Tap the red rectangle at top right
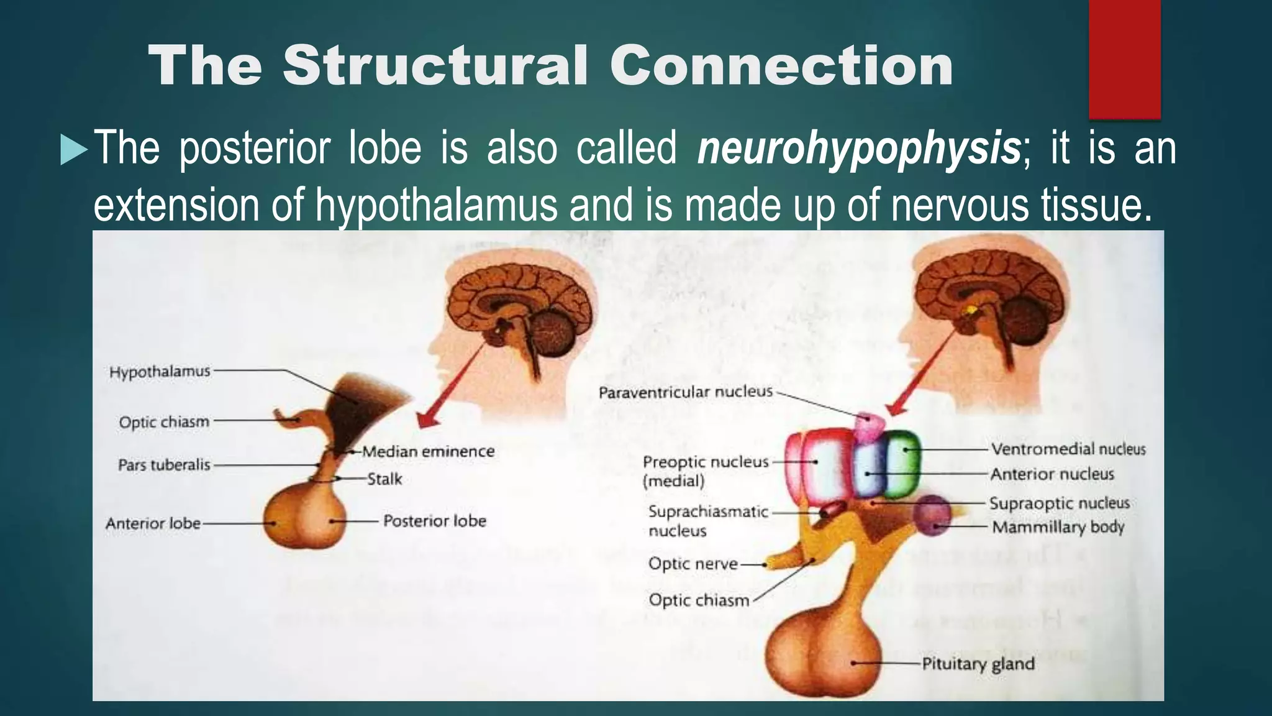pyautogui.click(x=1124, y=59)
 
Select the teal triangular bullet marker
pyautogui.click(x=73, y=150)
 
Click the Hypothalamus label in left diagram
pyautogui.click(x=160, y=372)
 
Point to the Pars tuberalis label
pyautogui.click(x=164, y=465)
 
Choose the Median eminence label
pyautogui.click(x=429, y=451)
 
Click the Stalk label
pyautogui.click(x=384, y=479)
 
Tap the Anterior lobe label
pyautogui.click(x=153, y=523)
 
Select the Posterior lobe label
pyautogui.click(x=435, y=521)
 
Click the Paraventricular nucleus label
pyautogui.click(x=686, y=392)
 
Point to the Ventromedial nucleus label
pyautogui.click(x=1068, y=449)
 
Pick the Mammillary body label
pyautogui.click(x=1058, y=527)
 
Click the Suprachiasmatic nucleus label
pyautogui.click(x=708, y=521)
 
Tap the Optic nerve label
pyautogui.click(x=693, y=564)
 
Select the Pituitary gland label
pyautogui.click(x=978, y=664)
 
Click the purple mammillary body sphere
pyautogui.click(x=932, y=515)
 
